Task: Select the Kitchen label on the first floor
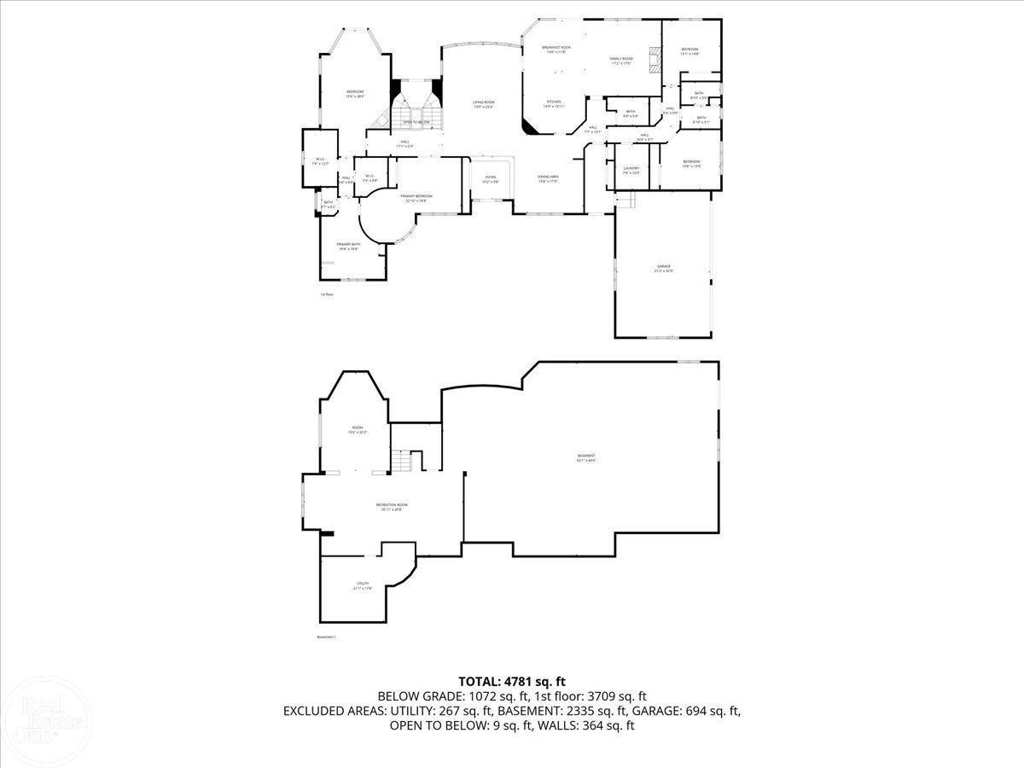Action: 554,103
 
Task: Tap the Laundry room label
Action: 631,170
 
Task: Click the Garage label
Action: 663,268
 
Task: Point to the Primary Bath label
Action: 348,246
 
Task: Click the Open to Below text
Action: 416,122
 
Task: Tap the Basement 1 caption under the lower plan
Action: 326,637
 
